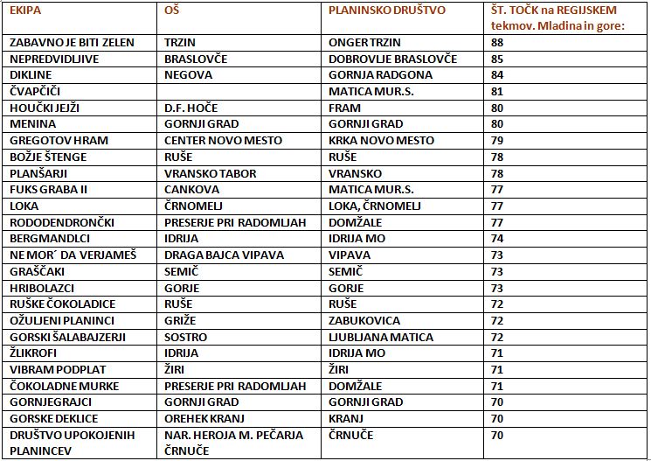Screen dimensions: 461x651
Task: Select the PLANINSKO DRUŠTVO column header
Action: (x=387, y=10)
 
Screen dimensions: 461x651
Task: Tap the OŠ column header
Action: (x=172, y=10)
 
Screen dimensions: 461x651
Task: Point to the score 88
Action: (x=497, y=42)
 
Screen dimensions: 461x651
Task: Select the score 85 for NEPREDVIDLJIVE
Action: (x=497, y=59)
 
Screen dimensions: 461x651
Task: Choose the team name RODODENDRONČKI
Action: (x=61, y=222)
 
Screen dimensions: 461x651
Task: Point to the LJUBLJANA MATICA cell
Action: (x=381, y=337)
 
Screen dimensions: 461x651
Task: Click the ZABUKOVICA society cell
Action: (x=364, y=320)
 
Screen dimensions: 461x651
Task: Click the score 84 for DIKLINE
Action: (x=497, y=75)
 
